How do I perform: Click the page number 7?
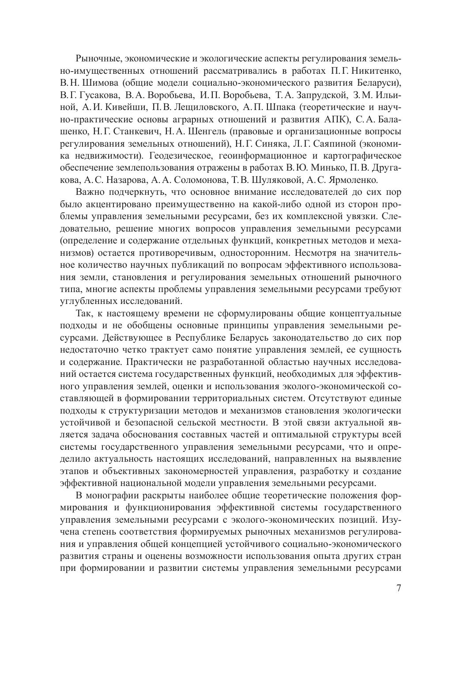[399, 588]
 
